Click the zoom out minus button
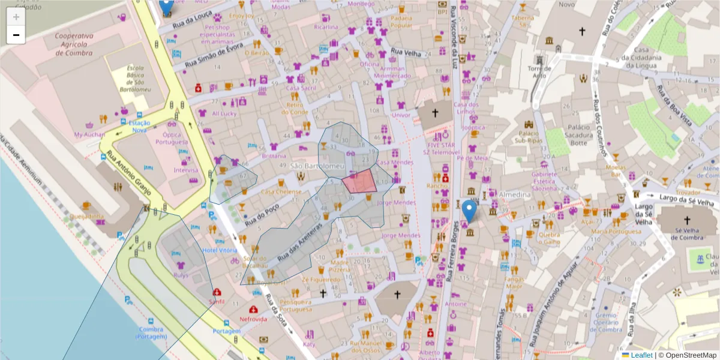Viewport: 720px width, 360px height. [16, 35]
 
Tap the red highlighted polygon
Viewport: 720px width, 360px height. [361, 182]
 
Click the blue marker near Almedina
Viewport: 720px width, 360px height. [469, 212]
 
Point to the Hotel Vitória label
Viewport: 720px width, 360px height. [220, 250]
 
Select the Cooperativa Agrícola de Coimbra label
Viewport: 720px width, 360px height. [73, 44]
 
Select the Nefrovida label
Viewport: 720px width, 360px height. [253, 319]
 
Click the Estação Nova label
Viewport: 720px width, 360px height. [139, 126]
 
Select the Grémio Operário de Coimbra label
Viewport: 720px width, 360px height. [606, 322]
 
